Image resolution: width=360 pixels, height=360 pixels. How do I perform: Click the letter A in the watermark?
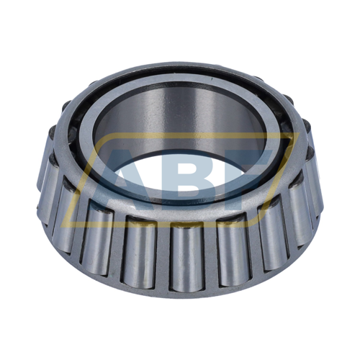(x=124, y=177)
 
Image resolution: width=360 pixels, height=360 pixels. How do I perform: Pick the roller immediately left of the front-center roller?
(x=139, y=252)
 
